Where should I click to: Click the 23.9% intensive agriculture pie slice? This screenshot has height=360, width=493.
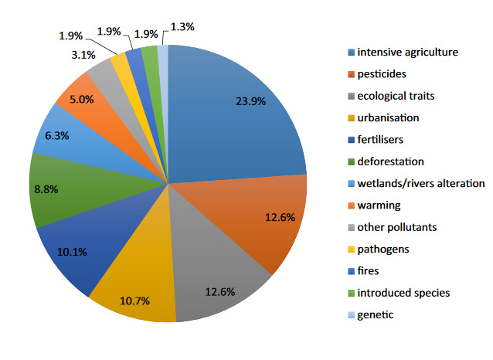pos(232,116)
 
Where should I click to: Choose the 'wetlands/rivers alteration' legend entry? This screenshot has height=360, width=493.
pos(420,183)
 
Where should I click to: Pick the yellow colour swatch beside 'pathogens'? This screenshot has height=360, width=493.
pos(352,250)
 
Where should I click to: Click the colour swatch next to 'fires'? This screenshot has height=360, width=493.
pos(352,271)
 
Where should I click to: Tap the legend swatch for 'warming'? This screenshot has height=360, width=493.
pos(352,205)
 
